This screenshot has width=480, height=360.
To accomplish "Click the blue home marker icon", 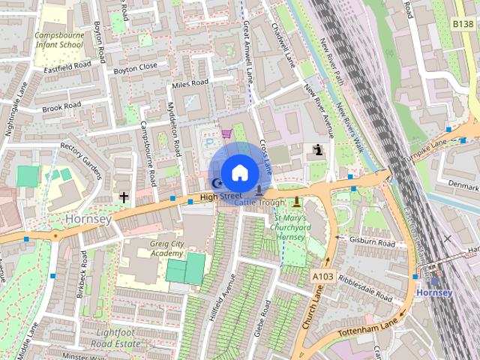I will point(238,172).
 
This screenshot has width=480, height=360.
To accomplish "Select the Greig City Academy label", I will point(155,248).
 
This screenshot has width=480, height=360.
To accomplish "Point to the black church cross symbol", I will point(123,197).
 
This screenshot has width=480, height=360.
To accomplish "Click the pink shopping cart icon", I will point(226,134).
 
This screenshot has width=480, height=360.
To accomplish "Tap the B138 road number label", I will point(463,25).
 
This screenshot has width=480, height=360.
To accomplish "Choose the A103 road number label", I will point(322,277).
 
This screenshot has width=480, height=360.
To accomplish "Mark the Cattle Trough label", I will point(259,202).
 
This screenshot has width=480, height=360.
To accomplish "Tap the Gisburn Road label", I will point(373,243).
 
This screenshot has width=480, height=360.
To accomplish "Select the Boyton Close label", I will point(135,66).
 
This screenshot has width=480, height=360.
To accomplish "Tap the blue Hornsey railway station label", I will point(434,292).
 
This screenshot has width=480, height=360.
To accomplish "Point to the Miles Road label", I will point(190,83).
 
